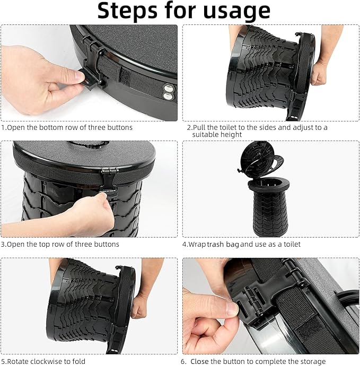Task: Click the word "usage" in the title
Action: tap(237, 12)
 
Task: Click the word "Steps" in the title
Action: tap(127, 11)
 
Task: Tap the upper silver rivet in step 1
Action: tap(169, 88)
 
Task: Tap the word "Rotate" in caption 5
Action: tap(17, 361)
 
